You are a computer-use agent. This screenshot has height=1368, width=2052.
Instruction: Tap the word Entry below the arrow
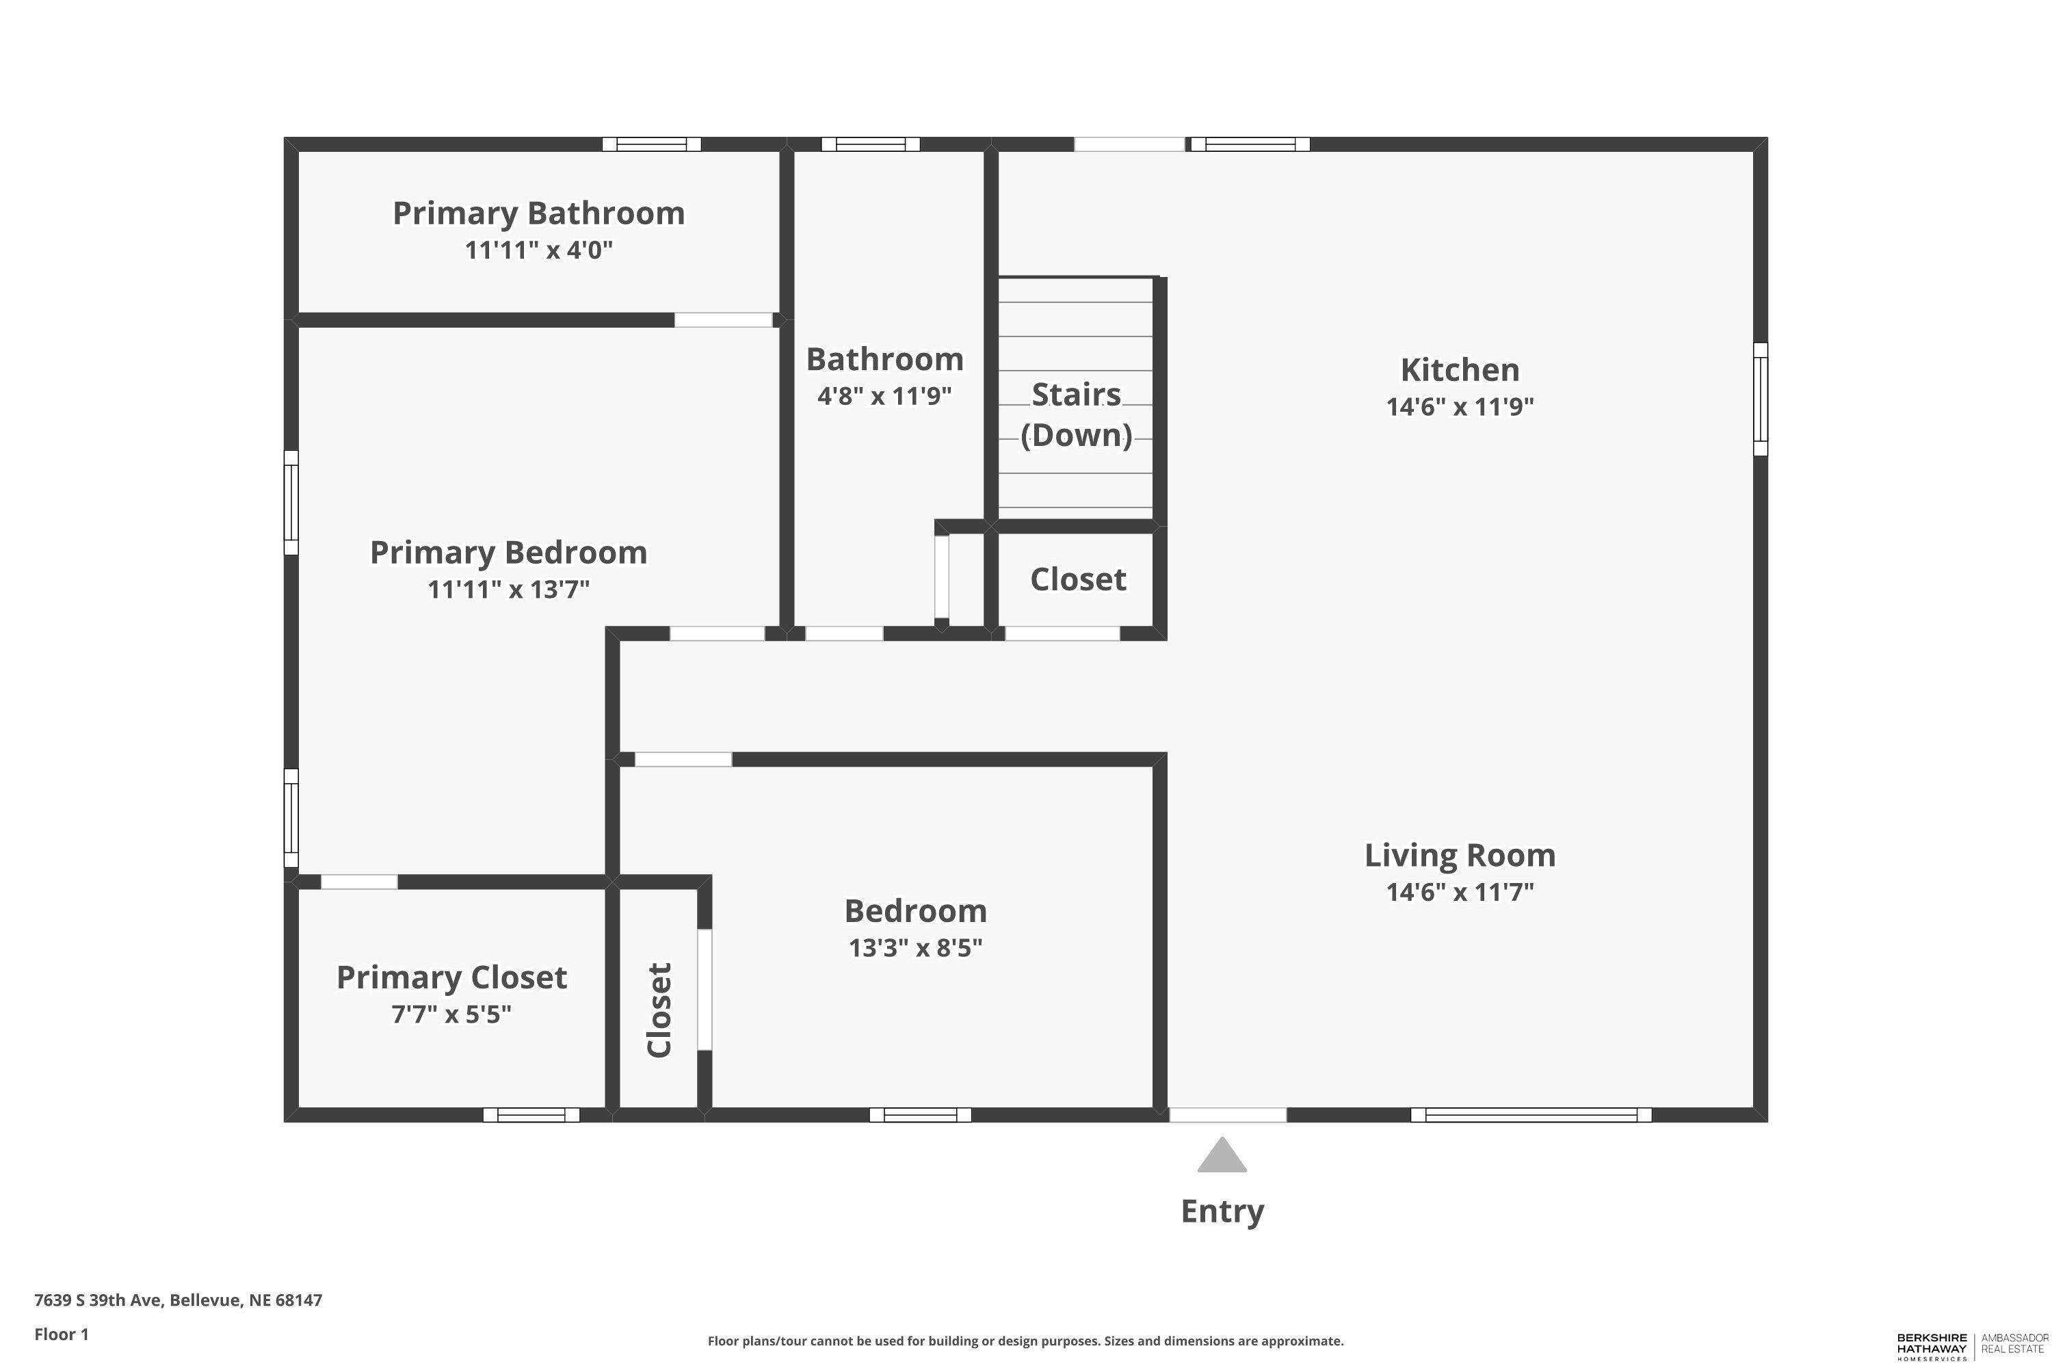[1222, 1212]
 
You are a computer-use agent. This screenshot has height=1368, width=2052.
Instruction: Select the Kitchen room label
[1460, 370]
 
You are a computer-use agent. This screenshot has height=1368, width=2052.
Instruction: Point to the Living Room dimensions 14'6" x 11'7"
[1460, 892]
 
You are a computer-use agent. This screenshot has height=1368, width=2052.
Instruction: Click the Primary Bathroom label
[538, 213]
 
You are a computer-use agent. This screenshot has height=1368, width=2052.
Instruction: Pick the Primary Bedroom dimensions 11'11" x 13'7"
[509, 589]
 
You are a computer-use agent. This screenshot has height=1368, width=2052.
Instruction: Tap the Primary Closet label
[452, 977]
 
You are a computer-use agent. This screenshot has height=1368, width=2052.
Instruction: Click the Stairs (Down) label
[1077, 415]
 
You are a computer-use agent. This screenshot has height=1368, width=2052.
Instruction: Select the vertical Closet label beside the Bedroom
[659, 1010]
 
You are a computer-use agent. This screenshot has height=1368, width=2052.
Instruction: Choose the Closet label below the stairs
[1079, 579]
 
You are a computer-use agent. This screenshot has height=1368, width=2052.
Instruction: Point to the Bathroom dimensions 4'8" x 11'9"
[884, 396]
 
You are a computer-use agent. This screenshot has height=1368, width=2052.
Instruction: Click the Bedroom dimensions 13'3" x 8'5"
[915, 947]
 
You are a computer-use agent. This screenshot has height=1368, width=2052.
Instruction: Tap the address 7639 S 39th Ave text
[98, 1300]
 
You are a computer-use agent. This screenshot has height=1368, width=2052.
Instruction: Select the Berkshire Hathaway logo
[1973, 1346]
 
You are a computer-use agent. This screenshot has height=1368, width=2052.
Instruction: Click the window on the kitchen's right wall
[1761, 399]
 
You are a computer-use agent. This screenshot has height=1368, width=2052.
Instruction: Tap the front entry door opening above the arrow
[1228, 1114]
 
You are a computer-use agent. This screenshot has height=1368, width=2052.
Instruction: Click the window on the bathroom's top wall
[871, 144]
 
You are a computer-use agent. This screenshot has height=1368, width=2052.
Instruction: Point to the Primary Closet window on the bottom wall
[531, 1114]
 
